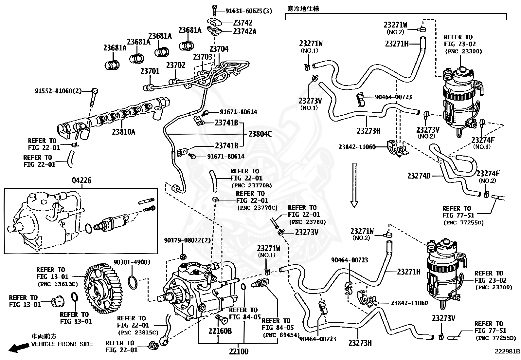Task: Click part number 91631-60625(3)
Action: [249, 11]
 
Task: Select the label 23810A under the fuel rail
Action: [123, 132]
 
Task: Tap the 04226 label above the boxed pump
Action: [81, 180]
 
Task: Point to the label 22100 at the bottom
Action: [239, 351]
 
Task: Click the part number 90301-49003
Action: [132, 262]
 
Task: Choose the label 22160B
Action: [220, 331]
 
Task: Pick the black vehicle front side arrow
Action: [19, 348]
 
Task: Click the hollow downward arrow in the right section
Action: [354, 185]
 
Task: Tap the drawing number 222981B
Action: [507, 351]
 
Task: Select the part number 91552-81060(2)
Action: [58, 91]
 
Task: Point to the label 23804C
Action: [260, 134]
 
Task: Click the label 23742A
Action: [244, 31]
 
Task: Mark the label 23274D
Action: [419, 176]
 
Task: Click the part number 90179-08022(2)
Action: [187, 240]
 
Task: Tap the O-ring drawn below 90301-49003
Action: [133, 282]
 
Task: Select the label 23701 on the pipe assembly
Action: [150, 71]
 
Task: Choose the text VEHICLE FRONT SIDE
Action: [62, 344]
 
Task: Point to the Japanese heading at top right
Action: [303, 9]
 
